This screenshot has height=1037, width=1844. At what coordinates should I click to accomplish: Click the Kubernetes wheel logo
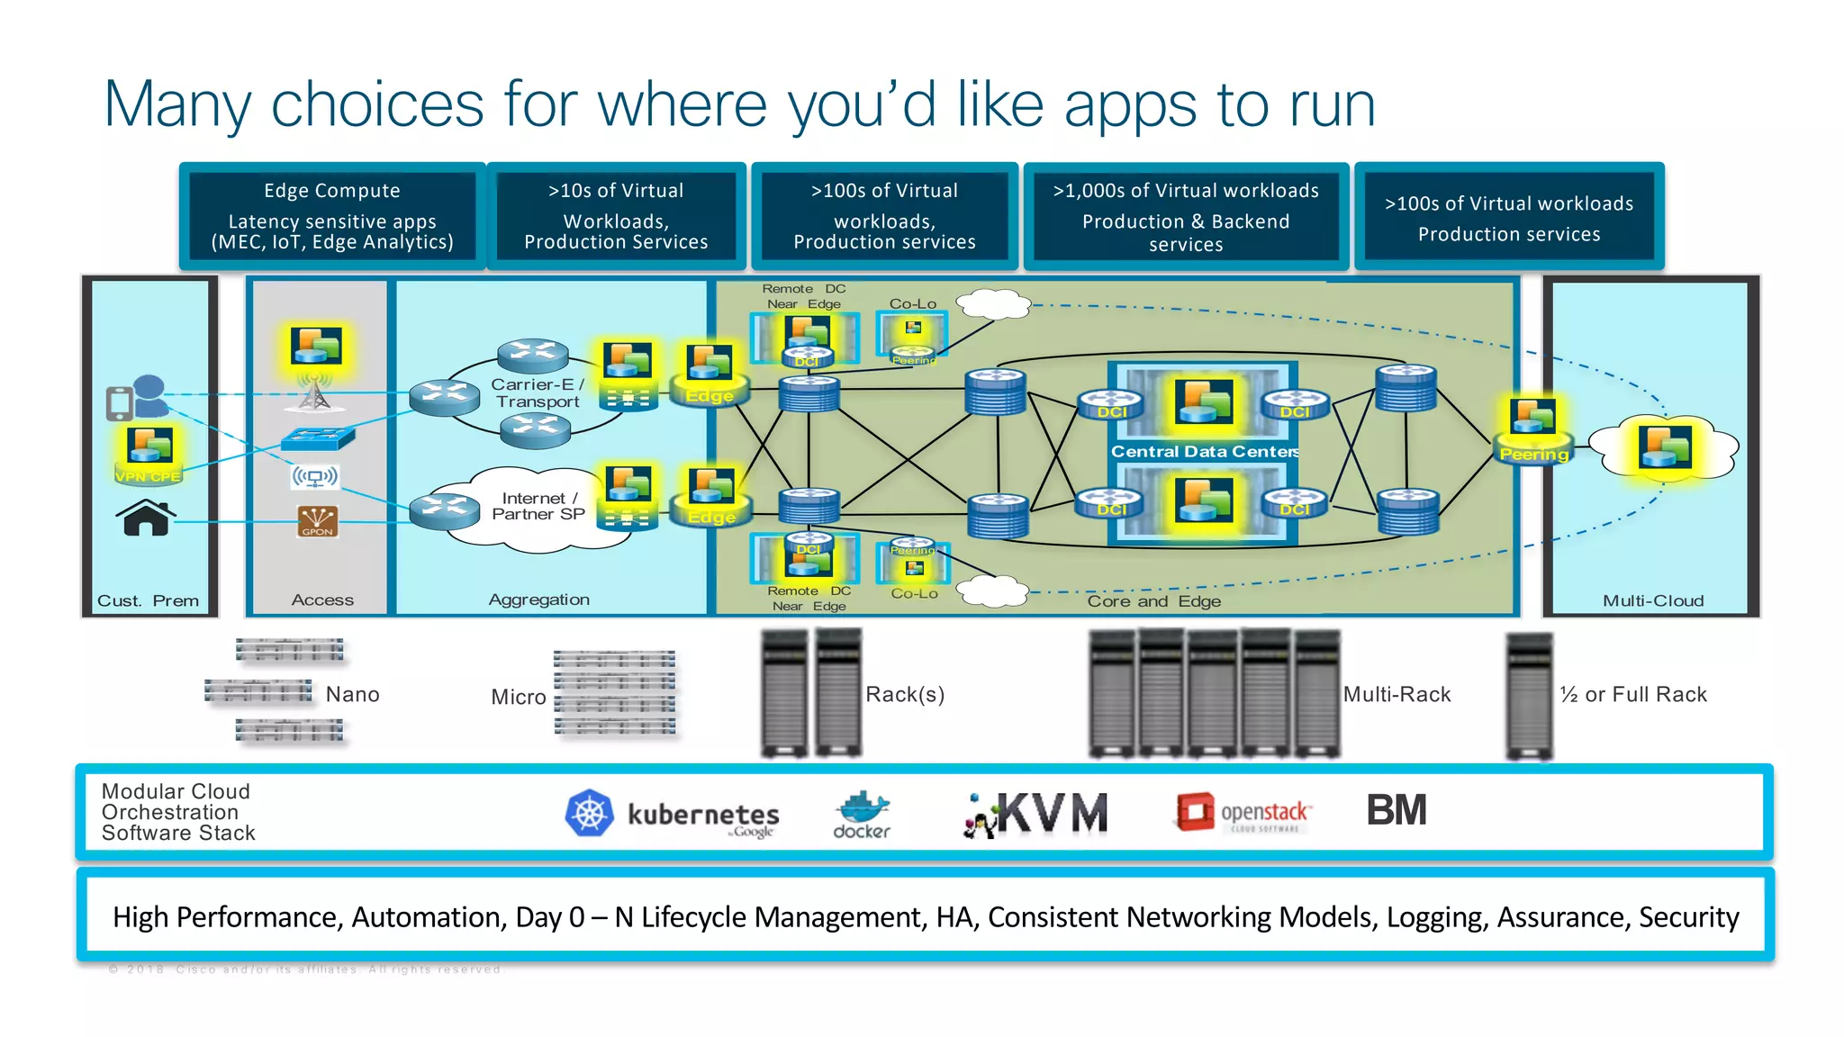coord(589,813)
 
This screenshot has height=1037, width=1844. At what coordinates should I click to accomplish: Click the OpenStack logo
coord(1243,813)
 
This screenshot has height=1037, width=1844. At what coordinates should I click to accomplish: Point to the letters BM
coord(1396,810)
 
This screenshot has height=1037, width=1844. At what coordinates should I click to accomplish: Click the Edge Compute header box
coord(332,216)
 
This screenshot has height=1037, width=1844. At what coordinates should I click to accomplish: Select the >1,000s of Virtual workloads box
coord(1186,217)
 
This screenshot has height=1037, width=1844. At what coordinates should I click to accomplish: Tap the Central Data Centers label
coord(1204,452)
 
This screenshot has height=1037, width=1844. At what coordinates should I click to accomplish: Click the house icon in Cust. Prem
coord(146,518)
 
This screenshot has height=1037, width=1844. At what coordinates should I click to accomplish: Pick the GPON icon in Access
coord(317,521)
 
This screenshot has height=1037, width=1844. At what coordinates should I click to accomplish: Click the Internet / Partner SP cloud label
coord(538,506)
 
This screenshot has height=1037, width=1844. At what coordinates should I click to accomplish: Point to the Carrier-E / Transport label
coord(538,392)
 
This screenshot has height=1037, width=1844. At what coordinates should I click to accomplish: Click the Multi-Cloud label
coord(1653,600)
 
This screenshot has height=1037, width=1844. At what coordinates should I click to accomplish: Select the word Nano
coord(352,694)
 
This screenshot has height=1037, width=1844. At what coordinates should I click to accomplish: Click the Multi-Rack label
coord(1397,694)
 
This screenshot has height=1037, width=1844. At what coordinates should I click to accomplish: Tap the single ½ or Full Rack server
coord(1529,696)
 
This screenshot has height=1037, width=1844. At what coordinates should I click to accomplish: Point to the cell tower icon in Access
coord(314,393)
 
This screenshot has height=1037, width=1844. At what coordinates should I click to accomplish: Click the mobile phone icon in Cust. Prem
coord(119,403)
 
